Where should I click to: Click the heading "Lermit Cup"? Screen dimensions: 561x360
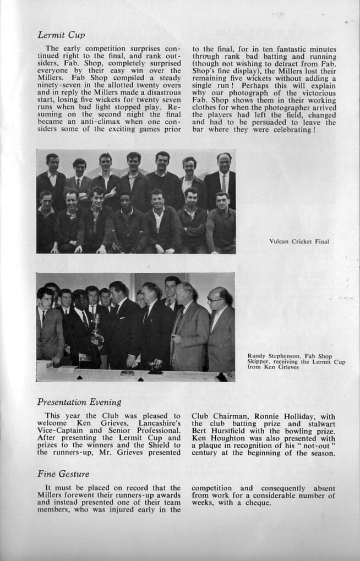coord(61,35)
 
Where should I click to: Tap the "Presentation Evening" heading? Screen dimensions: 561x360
coord(79,402)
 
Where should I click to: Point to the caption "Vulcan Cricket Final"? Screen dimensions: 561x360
coord(299,241)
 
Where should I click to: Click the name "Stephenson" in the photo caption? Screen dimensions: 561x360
coord(281,356)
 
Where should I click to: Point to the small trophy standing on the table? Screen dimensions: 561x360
coord(155,364)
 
